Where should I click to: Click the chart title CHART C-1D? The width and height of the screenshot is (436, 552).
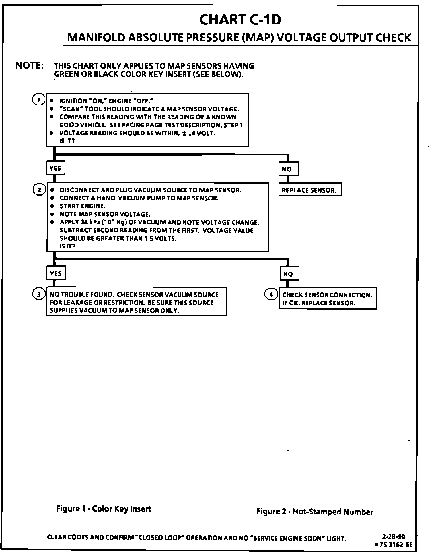(240, 20)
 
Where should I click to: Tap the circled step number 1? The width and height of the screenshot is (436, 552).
(38, 100)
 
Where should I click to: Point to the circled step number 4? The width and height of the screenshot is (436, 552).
(271, 294)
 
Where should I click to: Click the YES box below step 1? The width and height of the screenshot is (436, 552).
(56, 168)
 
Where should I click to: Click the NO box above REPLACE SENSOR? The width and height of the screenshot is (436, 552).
(288, 169)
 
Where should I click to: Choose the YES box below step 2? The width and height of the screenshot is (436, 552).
(56, 273)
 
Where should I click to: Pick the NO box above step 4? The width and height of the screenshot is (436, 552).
(289, 273)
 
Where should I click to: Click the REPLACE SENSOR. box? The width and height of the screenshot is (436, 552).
(310, 190)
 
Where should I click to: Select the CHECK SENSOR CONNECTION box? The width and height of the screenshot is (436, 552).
(327, 299)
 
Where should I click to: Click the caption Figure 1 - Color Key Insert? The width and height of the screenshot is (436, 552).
(104, 509)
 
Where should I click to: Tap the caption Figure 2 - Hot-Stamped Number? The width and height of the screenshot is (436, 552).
(315, 512)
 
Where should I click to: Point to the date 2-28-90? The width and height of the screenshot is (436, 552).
(394, 536)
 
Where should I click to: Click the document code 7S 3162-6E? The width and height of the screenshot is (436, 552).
(395, 544)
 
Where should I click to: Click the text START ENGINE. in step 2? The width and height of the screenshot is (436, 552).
(82, 206)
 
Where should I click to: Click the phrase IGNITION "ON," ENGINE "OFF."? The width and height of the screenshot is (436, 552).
(106, 101)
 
